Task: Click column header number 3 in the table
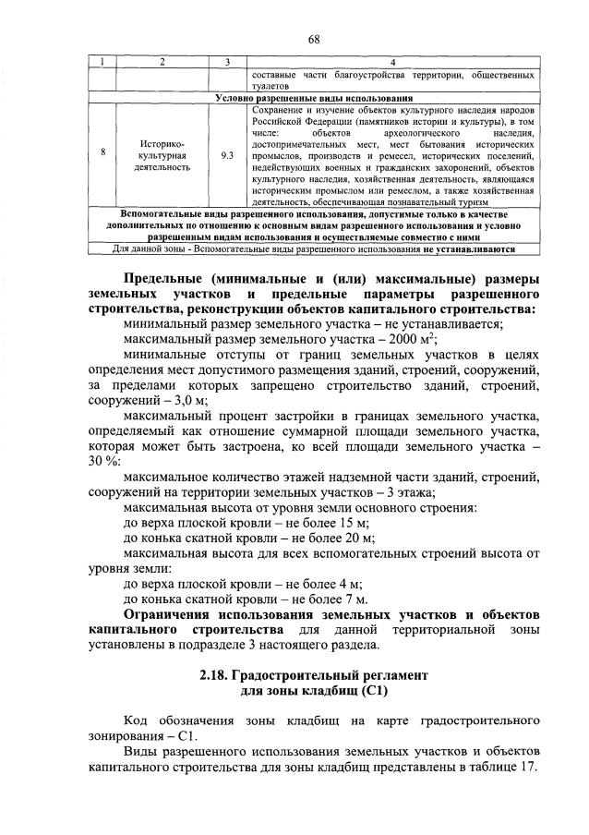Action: [227, 62]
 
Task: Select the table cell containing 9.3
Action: [227, 156]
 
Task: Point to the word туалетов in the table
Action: [271, 85]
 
